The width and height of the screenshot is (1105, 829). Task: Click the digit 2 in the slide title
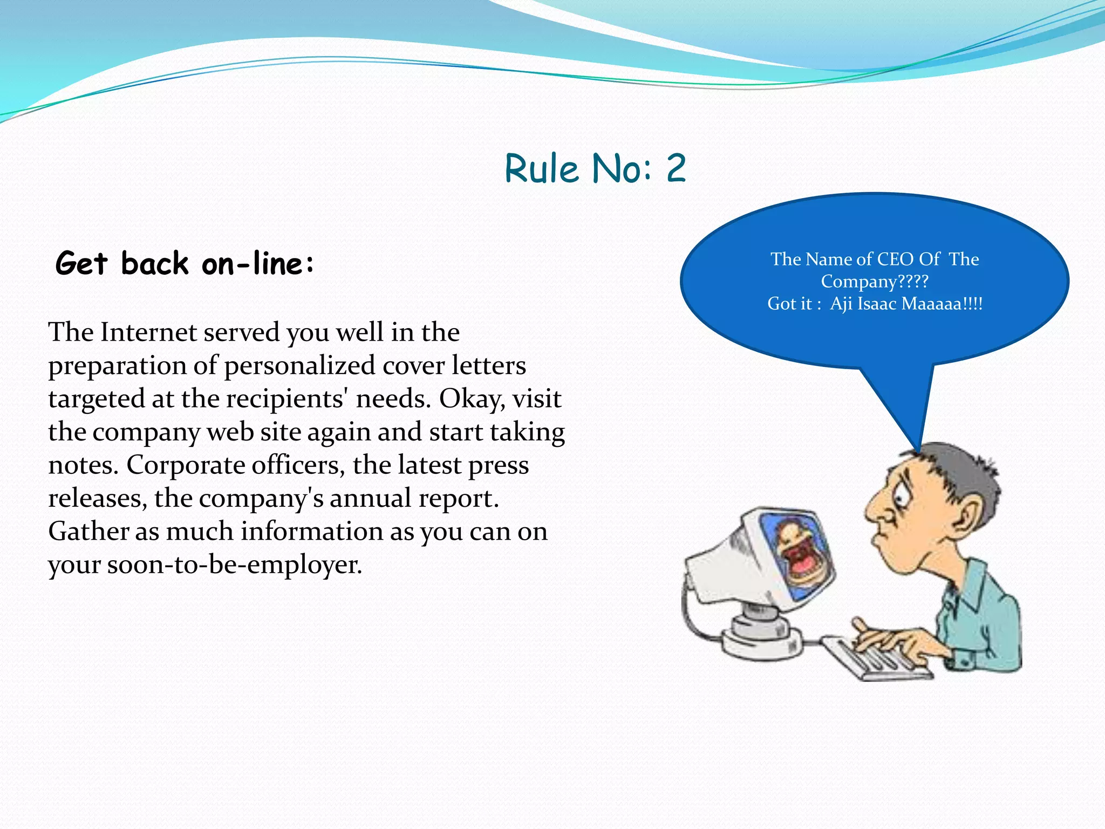(676, 168)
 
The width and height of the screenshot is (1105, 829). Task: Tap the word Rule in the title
(542, 168)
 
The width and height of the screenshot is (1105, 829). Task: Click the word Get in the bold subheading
(82, 264)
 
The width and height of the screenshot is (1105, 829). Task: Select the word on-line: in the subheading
(258, 264)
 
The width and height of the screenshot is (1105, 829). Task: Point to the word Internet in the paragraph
(148, 332)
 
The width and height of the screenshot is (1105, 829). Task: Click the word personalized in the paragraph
(299, 366)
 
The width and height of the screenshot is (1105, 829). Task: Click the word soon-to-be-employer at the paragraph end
(234, 565)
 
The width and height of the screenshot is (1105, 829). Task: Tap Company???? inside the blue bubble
(875, 282)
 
